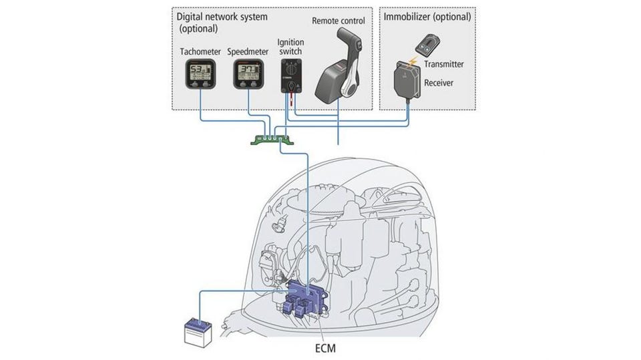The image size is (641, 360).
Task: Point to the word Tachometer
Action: point(200,51)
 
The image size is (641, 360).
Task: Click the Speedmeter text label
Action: point(248,51)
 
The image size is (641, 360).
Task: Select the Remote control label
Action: point(342,21)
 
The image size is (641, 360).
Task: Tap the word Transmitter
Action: point(443,64)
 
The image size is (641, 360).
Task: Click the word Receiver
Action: point(440,83)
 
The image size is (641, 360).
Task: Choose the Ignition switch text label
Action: point(291,47)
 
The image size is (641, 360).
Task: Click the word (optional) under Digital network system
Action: point(198,29)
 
